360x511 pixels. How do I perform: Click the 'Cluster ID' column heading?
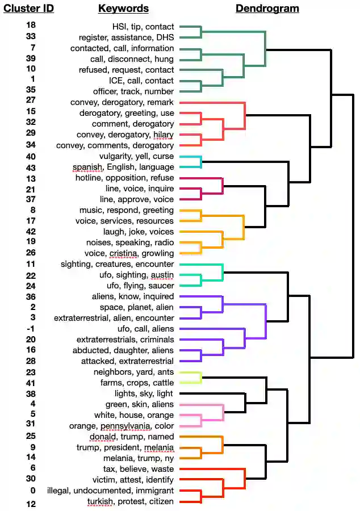[x=29, y=9]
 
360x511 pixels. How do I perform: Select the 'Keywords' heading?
[x=123, y=9]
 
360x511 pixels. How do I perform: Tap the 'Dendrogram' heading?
[x=267, y=9]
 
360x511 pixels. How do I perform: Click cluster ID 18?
[x=31, y=26]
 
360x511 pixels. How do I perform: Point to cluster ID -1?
[x=31, y=328]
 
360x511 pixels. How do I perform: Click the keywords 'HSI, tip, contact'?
[x=144, y=27]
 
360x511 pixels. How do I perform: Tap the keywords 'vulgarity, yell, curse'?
[x=136, y=156]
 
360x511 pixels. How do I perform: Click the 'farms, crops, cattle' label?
[x=136, y=383]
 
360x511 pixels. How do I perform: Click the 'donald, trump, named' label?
[x=132, y=437]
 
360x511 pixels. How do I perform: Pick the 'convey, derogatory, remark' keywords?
[x=122, y=102]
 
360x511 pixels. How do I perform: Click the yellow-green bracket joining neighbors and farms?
[x=201, y=378]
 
